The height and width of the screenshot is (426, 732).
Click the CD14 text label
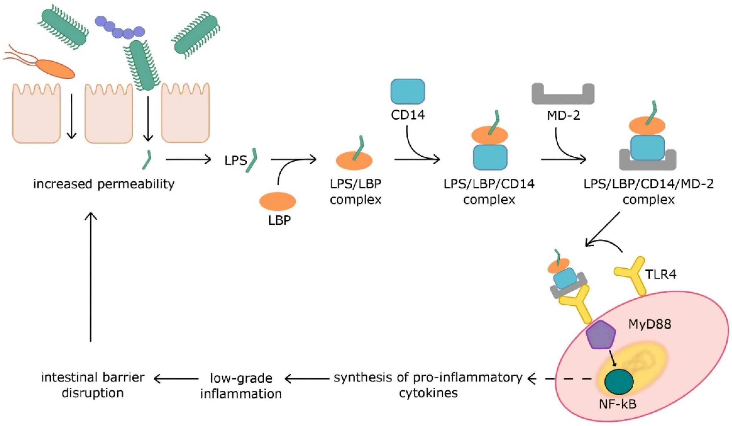[x=408, y=115]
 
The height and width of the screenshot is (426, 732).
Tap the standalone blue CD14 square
[x=408, y=91]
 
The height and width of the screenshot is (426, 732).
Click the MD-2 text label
[x=564, y=116]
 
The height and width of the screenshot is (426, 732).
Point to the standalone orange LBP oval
[x=278, y=201]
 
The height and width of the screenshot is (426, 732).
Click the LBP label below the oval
[x=279, y=221]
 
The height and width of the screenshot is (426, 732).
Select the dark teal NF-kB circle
[x=619, y=383]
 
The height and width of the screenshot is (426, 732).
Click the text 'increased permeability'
[x=104, y=184]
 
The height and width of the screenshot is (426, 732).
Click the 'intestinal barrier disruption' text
[x=93, y=385]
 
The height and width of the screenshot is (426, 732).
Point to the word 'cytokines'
[x=428, y=393]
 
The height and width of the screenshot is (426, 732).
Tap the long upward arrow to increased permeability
[x=91, y=276]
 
